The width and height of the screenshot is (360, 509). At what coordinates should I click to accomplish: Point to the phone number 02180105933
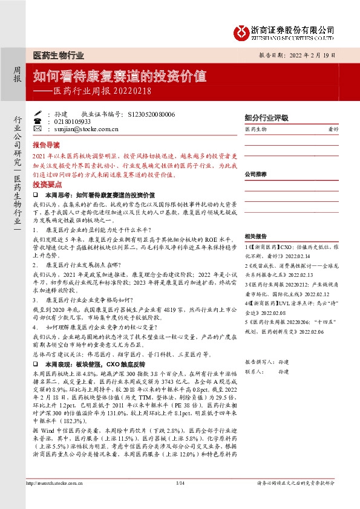click(x=72, y=121)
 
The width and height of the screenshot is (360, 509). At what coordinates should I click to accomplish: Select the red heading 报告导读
click(x=47, y=146)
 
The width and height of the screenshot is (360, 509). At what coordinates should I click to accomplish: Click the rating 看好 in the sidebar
click(x=332, y=129)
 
